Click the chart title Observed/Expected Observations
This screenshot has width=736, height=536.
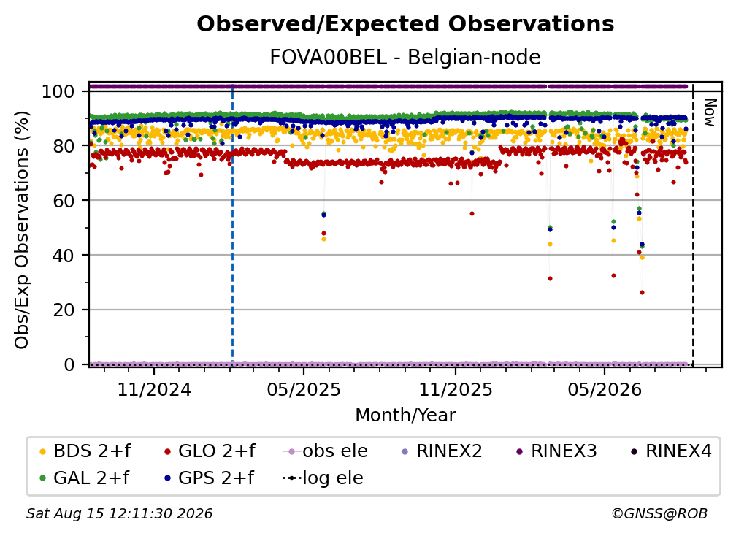pyautogui.click(x=405, y=24)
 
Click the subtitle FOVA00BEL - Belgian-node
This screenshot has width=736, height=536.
pyautogui.click(x=405, y=57)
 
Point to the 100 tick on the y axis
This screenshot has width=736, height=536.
pyautogui.click(x=58, y=91)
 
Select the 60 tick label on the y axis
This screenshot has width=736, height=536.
pyautogui.click(x=64, y=200)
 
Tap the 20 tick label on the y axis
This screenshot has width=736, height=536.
pyautogui.click(x=64, y=310)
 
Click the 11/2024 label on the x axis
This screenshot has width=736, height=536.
pyautogui.click(x=154, y=389)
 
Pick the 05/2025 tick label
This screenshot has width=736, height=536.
pyautogui.click(x=304, y=389)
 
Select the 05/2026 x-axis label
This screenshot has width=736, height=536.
pyautogui.click(x=605, y=389)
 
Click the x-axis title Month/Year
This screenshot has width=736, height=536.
pyautogui.click(x=405, y=415)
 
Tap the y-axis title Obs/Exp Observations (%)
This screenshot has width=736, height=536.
pyautogui.click(x=22, y=229)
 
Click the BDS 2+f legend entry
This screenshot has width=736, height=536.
pyautogui.click(x=85, y=451)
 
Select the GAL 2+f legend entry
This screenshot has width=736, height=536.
pyautogui.click(x=85, y=478)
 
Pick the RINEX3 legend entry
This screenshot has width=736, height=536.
pyautogui.click(x=556, y=451)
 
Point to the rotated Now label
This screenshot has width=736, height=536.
pyautogui.click(x=710, y=112)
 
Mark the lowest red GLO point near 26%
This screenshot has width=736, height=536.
pyautogui.click(x=642, y=292)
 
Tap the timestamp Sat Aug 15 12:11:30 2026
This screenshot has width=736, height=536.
pyautogui.click(x=119, y=513)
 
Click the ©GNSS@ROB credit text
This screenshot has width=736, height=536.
pyautogui.click(x=659, y=513)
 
